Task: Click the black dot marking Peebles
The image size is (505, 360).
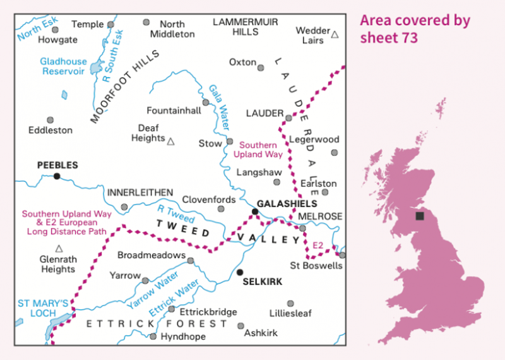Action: point(57,176)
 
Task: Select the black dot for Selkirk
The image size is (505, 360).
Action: point(239,272)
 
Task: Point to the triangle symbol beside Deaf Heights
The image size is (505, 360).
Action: point(170,141)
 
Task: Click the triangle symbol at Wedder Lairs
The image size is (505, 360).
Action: point(335,35)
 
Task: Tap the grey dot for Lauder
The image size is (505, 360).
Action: point(288,117)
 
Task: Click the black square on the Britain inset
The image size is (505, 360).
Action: point(420,216)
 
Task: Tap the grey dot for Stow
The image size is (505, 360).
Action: point(230,141)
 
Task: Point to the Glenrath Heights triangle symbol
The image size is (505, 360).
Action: point(59,248)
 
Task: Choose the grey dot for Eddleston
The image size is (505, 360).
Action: point(50,120)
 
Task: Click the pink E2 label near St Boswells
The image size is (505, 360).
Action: point(319,244)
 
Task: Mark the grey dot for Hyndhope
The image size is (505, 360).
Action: point(153,336)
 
